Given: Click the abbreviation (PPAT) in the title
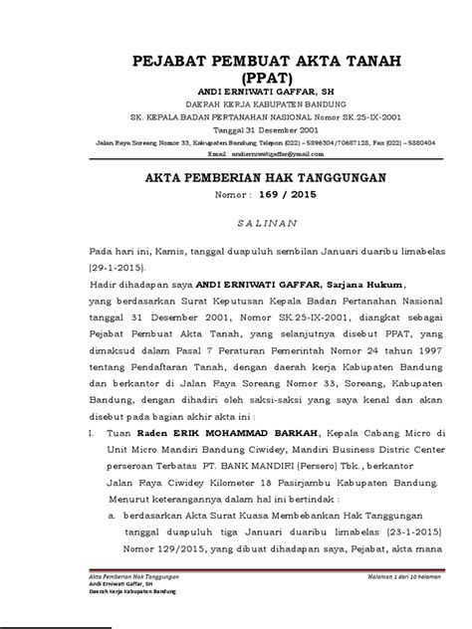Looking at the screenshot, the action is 236,79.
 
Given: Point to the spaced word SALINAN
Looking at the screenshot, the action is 236,227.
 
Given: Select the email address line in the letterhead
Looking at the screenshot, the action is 236,155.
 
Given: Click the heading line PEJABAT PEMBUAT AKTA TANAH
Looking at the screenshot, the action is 236,62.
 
